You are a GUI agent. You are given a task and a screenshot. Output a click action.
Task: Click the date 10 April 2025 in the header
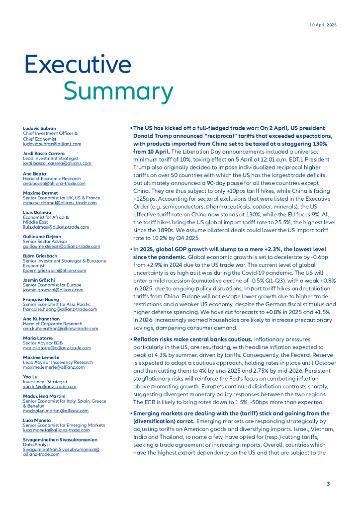[323, 25]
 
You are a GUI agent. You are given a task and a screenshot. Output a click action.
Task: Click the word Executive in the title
[78, 65]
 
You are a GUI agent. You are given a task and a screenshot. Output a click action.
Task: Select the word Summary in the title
[118, 91]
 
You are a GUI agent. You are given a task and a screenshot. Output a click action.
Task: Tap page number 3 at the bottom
[328, 484]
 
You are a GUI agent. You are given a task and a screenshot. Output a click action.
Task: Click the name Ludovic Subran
[39, 129]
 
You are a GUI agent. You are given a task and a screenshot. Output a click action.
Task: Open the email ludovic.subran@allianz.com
[52, 144]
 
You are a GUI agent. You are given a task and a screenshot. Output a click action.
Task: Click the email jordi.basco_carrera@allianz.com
[57, 163]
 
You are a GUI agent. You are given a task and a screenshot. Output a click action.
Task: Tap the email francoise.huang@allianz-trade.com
[60, 309]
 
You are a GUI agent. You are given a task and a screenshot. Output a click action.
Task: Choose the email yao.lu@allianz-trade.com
[50, 386]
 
